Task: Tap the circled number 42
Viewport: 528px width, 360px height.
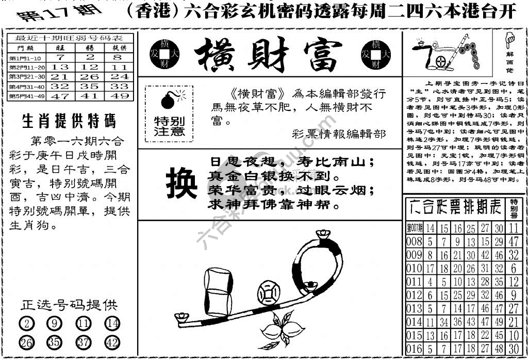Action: pyautogui.click(x=112, y=342)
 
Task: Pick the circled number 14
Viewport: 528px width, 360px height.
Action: pyautogui.click(x=112, y=324)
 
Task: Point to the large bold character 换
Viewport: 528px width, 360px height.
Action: pyautogui.click(x=181, y=185)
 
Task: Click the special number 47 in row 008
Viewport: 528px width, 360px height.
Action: pyautogui.click(x=513, y=241)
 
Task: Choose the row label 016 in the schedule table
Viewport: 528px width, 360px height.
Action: pyautogui.click(x=414, y=349)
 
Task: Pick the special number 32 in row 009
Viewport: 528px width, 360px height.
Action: pyautogui.click(x=513, y=255)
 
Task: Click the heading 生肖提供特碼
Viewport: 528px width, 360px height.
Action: pyautogui.click(x=69, y=122)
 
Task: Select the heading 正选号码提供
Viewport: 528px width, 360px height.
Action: pyautogui.click(x=69, y=305)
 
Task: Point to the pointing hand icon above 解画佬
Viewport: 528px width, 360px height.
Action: pyautogui.click(x=510, y=39)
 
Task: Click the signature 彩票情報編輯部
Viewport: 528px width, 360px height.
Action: pyautogui.click(x=338, y=134)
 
